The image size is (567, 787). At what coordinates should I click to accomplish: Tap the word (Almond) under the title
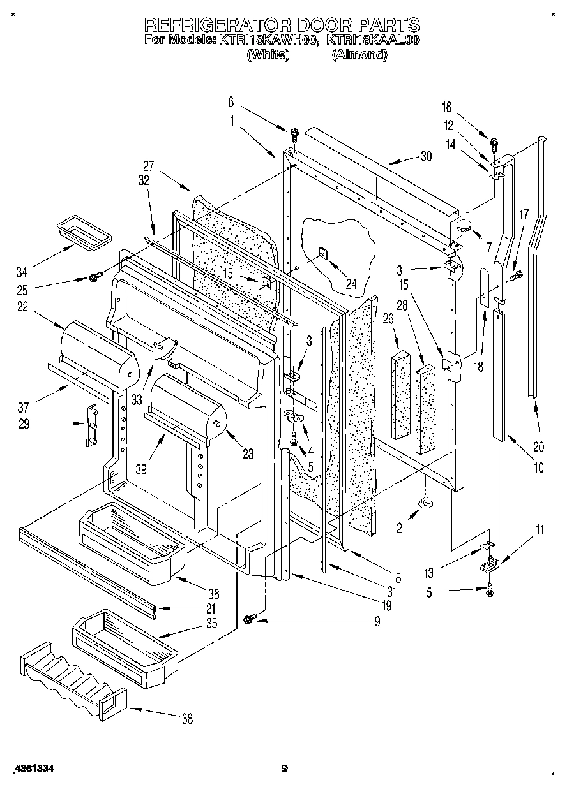click(x=359, y=55)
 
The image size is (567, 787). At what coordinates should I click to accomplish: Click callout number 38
click(x=186, y=719)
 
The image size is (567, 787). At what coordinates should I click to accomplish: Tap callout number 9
click(x=377, y=621)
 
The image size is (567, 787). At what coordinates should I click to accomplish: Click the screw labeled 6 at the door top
click(x=294, y=134)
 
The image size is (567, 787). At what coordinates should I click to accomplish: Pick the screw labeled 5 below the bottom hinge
click(x=490, y=590)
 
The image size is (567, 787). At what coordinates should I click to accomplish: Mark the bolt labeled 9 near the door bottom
click(x=251, y=617)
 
